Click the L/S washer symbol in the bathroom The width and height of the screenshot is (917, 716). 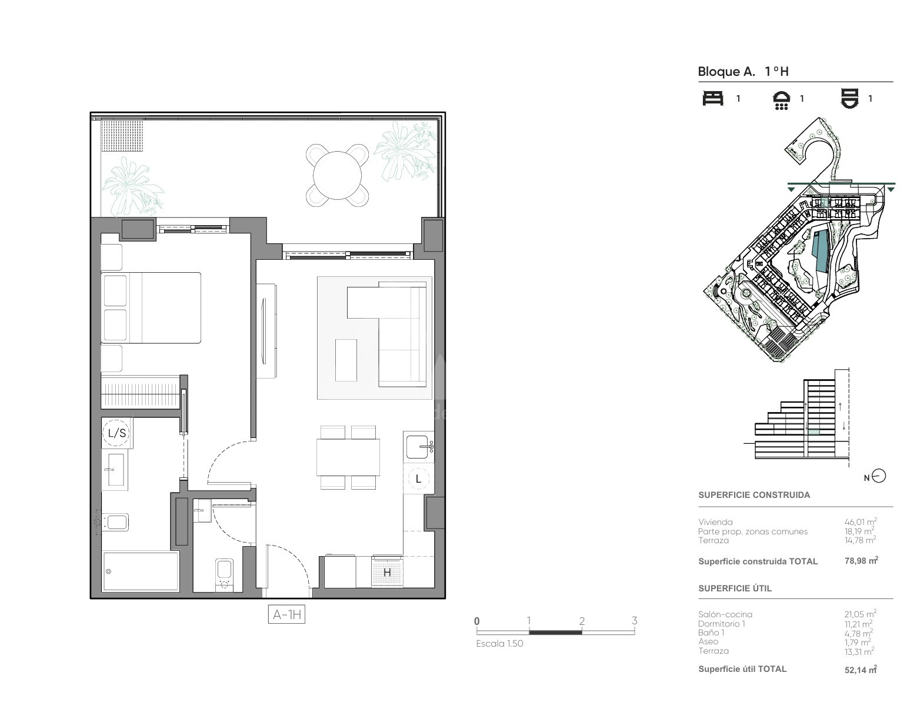[117, 433]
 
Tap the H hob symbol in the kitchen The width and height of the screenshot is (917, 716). [387, 572]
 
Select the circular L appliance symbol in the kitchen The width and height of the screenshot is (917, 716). [418, 479]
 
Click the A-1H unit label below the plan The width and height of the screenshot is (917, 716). [286, 614]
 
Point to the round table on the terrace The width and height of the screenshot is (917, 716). [337, 175]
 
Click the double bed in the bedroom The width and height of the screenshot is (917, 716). [151, 307]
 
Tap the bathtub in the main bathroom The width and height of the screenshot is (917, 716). [141, 571]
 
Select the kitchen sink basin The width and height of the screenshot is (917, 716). [418, 447]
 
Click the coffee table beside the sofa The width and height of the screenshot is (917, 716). [346, 360]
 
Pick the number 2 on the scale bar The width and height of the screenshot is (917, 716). [582, 621]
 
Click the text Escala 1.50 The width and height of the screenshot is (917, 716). [499, 644]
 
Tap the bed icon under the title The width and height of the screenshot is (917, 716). [713, 99]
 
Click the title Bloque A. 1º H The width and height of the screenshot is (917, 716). [743, 72]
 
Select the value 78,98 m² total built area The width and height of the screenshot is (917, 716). [861, 561]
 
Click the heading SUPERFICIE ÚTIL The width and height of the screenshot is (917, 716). [735, 588]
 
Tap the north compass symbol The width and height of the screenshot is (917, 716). [879, 476]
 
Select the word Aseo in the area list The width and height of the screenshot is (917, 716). [708, 641]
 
